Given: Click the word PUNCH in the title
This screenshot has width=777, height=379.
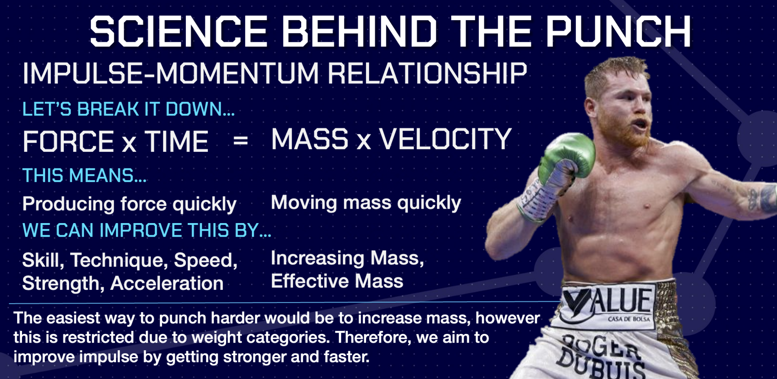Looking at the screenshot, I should click(618, 32).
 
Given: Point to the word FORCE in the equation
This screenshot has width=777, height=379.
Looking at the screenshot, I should click(68, 142).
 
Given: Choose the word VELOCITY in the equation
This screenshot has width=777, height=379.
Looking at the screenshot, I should click(445, 139).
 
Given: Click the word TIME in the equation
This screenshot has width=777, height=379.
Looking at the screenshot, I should click(177, 142).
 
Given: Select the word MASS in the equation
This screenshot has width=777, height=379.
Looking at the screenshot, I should click(310, 139).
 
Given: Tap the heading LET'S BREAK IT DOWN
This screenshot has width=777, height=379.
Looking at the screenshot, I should click(128, 109).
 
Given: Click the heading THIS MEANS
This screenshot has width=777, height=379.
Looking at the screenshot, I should click(84, 176).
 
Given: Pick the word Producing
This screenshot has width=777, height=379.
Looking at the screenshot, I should click(68, 204).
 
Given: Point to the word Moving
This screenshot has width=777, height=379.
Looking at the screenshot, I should click(304, 203).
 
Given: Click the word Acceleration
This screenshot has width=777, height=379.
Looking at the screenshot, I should click(167, 283).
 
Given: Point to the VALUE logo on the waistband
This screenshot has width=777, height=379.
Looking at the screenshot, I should click(607, 302).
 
